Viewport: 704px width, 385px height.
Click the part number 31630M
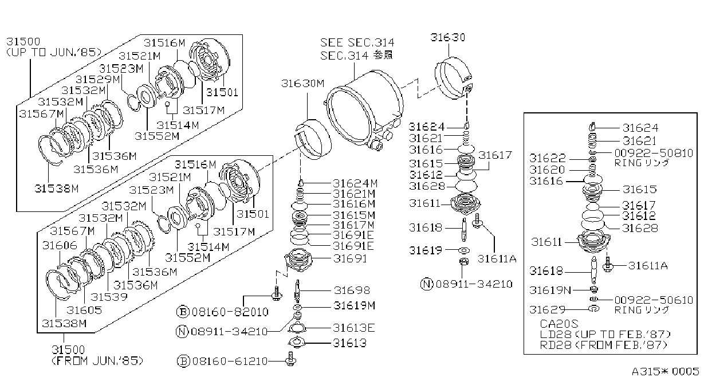pyautogui.click(x=302, y=83)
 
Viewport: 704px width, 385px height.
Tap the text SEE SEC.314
pyautogui.click(x=357, y=42)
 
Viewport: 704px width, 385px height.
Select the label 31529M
pyautogui.click(x=98, y=79)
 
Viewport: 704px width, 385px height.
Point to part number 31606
pyautogui.click(x=60, y=245)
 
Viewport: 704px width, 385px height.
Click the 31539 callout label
pyautogui.click(x=109, y=297)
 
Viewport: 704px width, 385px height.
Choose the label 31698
pyautogui.click(x=352, y=290)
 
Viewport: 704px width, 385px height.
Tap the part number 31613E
pyautogui.click(x=354, y=328)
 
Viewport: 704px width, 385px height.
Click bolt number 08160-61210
pyautogui.click(x=230, y=362)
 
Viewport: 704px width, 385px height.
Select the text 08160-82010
pyautogui.click(x=230, y=312)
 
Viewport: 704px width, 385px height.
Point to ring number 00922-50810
pyautogui.click(x=654, y=153)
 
